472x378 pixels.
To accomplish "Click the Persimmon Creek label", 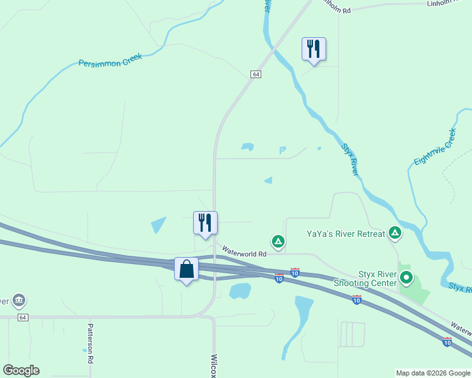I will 110,59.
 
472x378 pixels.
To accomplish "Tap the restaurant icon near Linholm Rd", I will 314,49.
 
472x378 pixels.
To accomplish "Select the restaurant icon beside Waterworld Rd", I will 205,223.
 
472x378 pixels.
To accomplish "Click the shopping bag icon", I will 186,269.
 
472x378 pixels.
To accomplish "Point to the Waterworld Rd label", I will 245,253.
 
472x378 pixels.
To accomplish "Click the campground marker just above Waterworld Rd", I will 278,241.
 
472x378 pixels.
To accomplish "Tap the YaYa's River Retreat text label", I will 345,234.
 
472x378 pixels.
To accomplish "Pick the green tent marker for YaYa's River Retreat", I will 395,234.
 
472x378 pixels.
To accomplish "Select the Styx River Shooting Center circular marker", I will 407,277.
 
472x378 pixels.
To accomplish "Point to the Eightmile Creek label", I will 435,147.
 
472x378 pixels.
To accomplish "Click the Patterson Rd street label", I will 90,343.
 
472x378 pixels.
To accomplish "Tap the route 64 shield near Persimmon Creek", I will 255,74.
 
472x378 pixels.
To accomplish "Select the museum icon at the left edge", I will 19,299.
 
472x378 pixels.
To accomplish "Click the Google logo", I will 21,370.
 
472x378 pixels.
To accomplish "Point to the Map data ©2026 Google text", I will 433,373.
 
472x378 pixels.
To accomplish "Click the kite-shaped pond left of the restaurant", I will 158,225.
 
